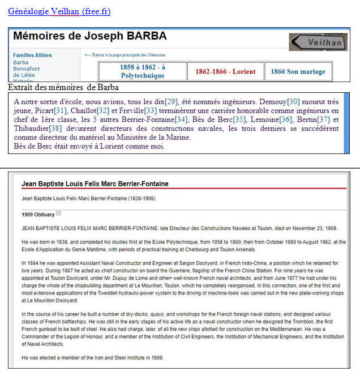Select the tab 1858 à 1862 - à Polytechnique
(x=142, y=71)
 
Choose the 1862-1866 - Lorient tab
(x=225, y=72)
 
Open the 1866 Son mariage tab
(x=298, y=72)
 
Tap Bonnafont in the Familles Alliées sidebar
(x=26, y=69)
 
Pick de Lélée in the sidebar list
(x=24, y=75)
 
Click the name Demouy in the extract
(x=272, y=101)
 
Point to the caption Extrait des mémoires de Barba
(x=63, y=87)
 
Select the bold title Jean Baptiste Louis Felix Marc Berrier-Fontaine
(x=95, y=184)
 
